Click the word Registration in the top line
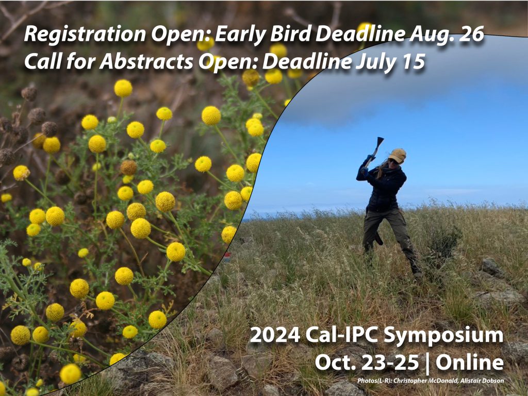[x=66, y=35]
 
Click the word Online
[x=470, y=362]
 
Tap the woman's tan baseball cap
[x=398, y=154]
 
